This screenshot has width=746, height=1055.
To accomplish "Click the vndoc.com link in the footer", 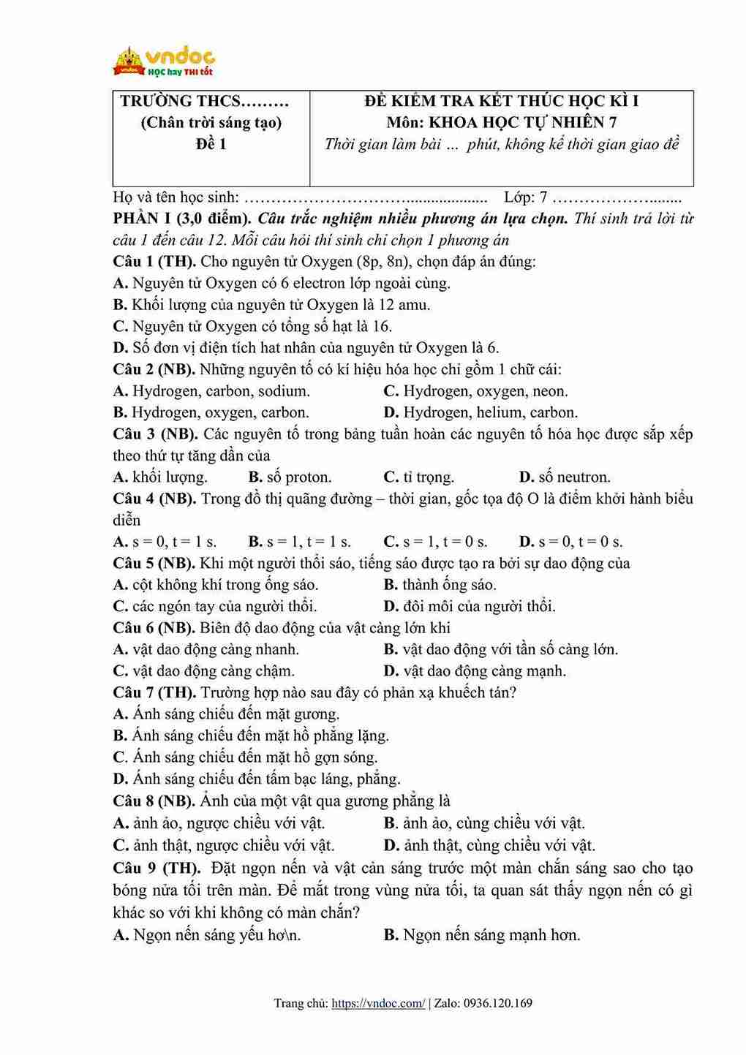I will point(377,1003).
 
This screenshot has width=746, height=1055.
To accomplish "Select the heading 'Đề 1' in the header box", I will point(211,144).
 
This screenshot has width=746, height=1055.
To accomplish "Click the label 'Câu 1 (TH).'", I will point(154,261).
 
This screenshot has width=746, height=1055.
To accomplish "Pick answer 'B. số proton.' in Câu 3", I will point(290,477).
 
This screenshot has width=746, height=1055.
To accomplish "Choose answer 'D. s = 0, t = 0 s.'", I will point(571,542).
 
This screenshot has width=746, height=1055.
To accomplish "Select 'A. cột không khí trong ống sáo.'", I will point(216,585).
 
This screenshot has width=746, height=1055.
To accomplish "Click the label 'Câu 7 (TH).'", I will point(154,692).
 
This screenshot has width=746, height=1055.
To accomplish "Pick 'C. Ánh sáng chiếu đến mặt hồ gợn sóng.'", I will point(246,757).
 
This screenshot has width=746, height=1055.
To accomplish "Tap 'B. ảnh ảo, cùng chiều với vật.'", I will point(484,823).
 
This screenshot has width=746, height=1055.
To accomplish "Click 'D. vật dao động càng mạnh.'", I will point(475,671).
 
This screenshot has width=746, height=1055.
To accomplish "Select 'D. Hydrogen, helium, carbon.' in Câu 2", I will point(481,412).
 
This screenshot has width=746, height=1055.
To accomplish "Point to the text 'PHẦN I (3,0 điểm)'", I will point(182,218).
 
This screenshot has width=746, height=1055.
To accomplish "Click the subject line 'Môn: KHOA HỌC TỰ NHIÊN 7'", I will point(501,122).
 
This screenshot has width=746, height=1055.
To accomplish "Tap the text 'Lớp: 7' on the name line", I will point(525,197).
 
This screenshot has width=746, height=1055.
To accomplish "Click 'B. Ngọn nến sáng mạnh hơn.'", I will point(482,935).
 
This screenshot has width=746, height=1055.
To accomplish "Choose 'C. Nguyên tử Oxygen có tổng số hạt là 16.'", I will point(253,326).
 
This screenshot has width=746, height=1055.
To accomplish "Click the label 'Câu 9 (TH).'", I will point(157,869).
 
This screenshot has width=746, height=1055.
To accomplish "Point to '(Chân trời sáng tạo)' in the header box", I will point(211,122).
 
